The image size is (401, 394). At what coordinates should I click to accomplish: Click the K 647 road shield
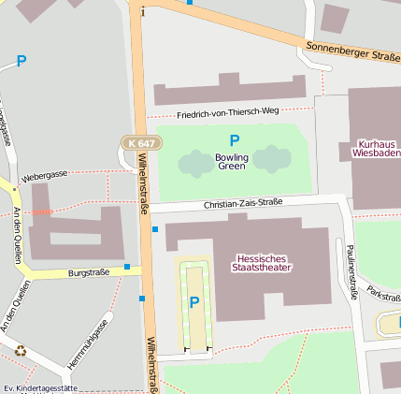coord(141,143)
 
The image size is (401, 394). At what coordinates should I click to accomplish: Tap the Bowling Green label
coord(232,162)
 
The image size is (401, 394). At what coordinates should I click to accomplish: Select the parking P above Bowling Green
coord(235,140)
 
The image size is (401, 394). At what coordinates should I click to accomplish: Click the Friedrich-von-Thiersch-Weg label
coord(228,110)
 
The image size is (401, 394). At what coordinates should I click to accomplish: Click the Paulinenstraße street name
coord(353,272)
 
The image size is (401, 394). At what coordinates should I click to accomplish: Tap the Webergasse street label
coord(45,175)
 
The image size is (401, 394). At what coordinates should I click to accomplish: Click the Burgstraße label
coord(90,273)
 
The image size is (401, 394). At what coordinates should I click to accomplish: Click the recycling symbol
coord(21,351)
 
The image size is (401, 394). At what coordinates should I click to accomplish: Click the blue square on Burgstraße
coord(127,267)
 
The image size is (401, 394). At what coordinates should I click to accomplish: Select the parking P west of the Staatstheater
coord(194,302)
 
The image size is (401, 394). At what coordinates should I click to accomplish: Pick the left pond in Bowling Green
coord(196,164)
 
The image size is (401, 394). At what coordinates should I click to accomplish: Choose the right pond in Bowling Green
coord(272,159)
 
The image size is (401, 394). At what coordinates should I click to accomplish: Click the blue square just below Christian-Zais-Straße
coord(155,229)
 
